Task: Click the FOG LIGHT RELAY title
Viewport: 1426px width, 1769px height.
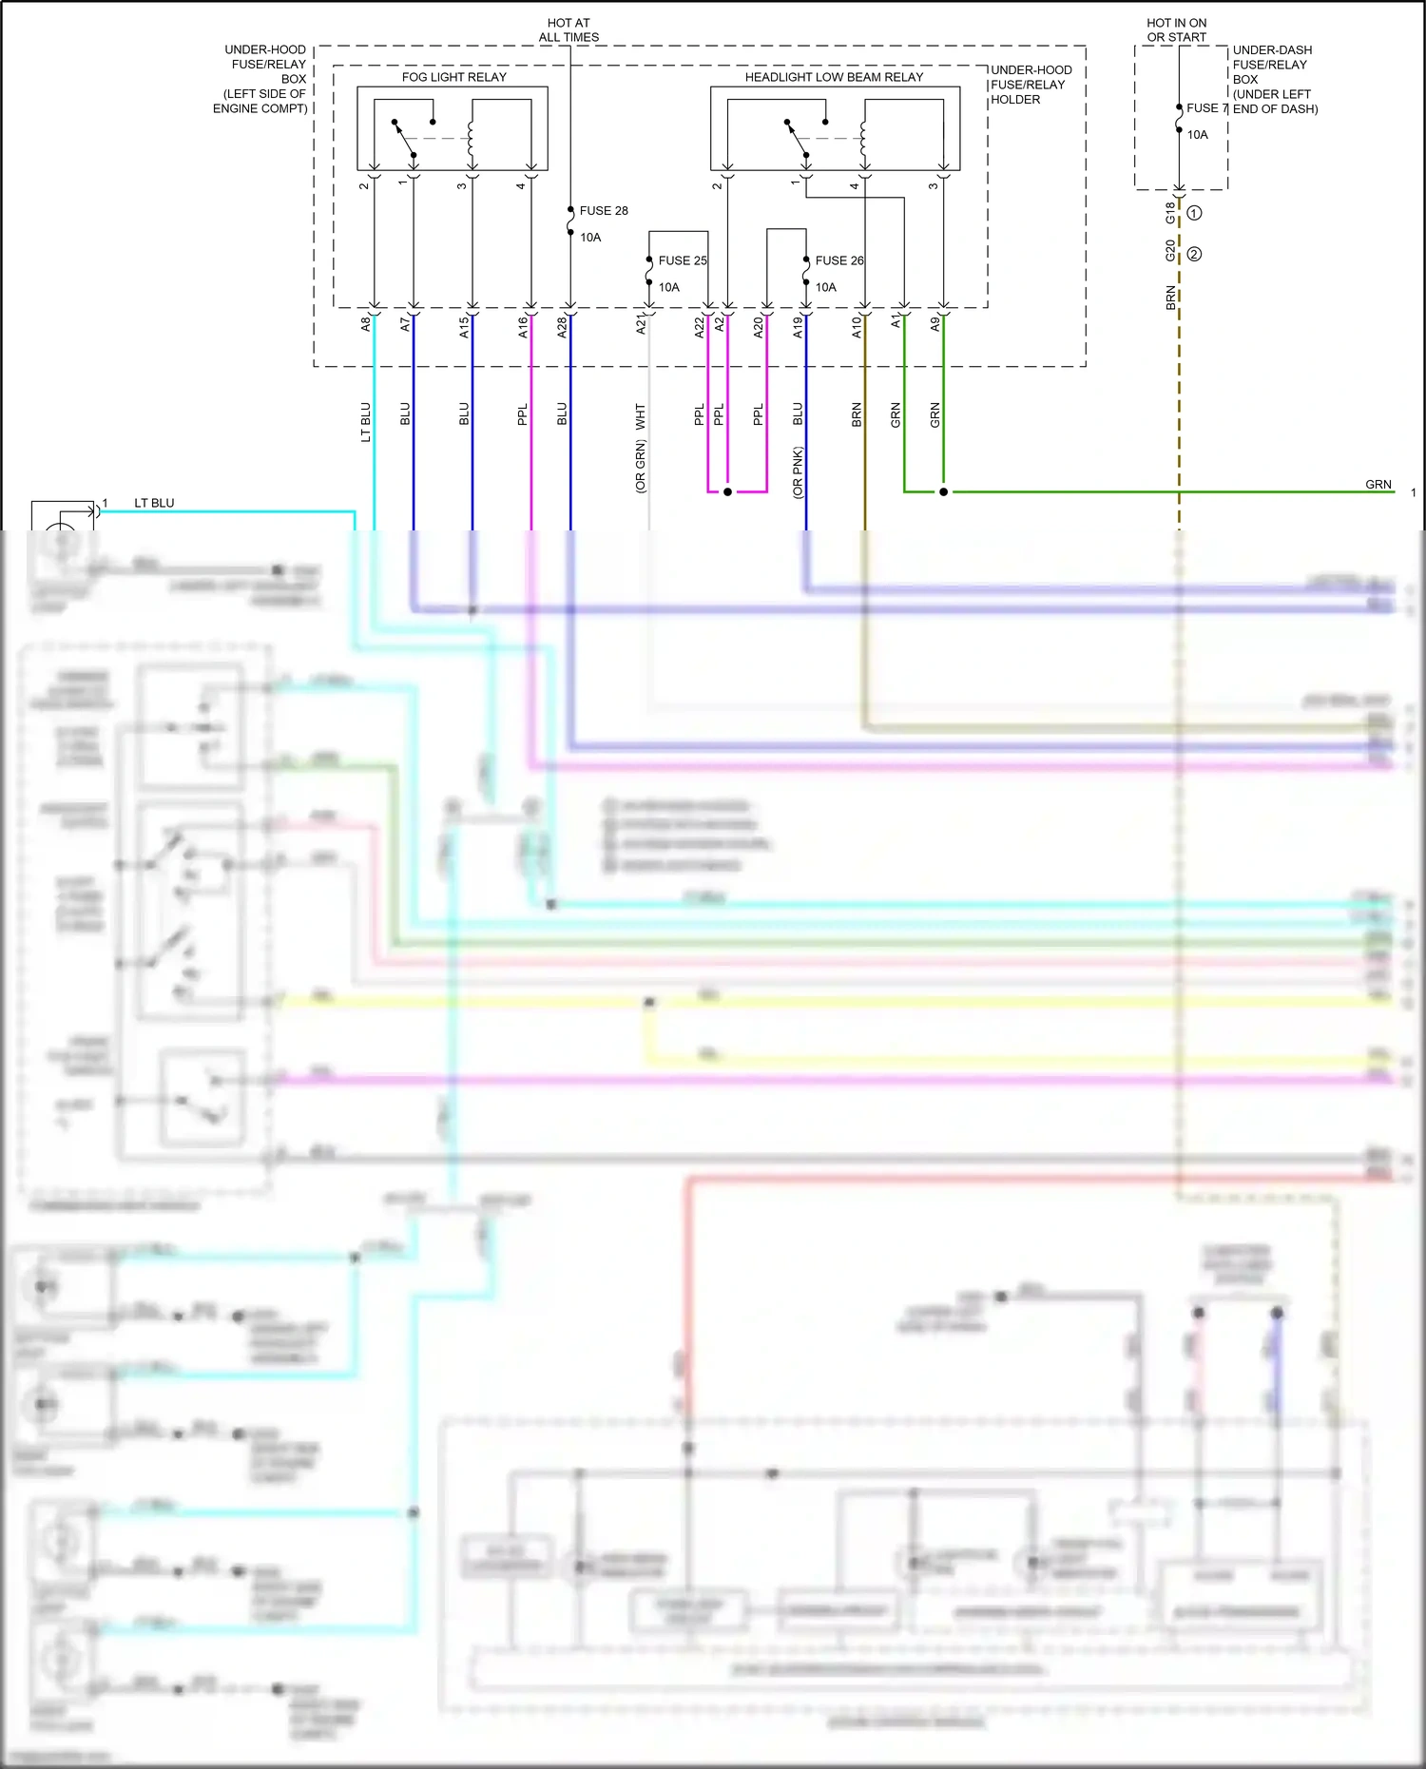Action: [453, 77]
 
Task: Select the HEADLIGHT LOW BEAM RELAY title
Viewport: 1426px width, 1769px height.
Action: [834, 77]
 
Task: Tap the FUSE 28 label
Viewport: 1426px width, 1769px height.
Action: [604, 211]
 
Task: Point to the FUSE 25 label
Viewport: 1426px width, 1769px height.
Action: [683, 260]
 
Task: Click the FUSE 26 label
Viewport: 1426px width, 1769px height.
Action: [839, 260]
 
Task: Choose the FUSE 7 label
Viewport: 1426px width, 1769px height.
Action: [1207, 108]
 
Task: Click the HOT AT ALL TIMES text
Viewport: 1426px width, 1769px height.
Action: [568, 30]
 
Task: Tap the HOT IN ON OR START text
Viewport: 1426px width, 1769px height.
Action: [1176, 30]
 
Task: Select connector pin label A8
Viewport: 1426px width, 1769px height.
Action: [366, 324]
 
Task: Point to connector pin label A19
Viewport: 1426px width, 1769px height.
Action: [798, 327]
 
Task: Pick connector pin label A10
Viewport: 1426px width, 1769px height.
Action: [857, 327]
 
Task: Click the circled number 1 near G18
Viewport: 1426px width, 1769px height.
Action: [1194, 213]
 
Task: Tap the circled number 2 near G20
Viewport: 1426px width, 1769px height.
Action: [1194, 254]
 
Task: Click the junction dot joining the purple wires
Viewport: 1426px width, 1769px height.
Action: [727, 492]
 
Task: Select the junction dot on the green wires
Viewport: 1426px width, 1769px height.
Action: [943, 492]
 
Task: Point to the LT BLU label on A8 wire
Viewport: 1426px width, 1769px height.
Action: [366, 422]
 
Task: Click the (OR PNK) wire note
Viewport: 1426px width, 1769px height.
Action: [798, 472]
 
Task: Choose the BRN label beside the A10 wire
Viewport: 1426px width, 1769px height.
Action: [857, 414]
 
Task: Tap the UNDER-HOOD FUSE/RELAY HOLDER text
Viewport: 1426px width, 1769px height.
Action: [1031, 85]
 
